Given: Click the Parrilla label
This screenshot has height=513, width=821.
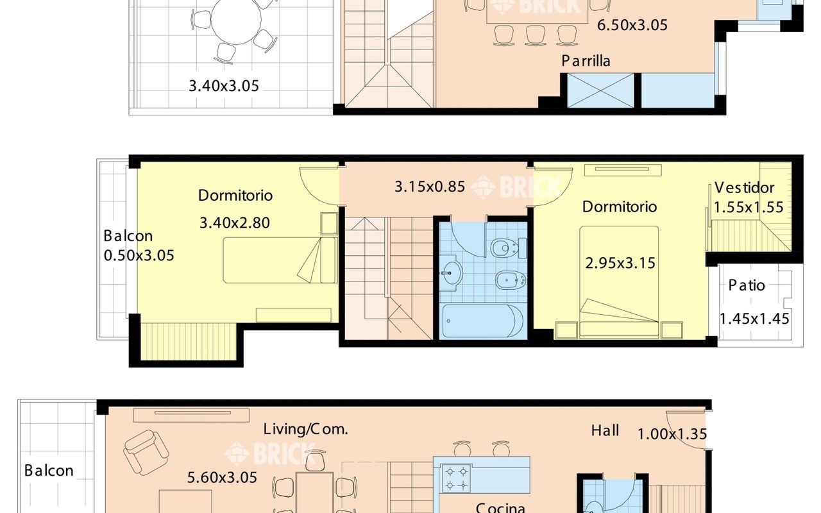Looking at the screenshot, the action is pos(586,61).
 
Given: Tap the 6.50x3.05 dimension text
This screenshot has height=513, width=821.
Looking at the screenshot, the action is pos(632,25).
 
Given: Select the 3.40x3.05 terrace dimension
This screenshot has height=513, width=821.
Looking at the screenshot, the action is pos(224,86).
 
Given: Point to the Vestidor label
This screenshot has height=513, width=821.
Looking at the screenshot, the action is pos(744,188).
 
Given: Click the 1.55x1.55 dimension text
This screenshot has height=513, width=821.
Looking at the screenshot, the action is pos(749,207).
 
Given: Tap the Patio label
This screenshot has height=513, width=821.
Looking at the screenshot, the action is pos(746,285).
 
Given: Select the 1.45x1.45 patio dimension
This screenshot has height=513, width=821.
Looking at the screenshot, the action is pos(754,319).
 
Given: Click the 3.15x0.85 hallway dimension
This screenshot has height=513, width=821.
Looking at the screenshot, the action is pos(430,187).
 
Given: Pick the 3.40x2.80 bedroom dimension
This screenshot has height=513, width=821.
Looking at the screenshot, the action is pos(235,223).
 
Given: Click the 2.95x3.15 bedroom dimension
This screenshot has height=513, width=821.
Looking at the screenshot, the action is pos(620,263).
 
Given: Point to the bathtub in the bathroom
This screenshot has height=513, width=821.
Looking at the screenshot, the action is pos(483,321).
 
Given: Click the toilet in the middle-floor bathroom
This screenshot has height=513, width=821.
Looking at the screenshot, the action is pos(508,248).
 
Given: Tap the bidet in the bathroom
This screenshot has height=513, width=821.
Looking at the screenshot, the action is pos(511,280).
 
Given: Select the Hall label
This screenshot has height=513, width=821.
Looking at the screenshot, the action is pos(605,430).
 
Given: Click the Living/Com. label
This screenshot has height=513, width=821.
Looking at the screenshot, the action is pos(306,429).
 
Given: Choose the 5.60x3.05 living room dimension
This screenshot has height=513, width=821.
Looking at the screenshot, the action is pos(222,478).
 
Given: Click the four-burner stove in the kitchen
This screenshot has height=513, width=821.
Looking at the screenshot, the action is pos(456,478).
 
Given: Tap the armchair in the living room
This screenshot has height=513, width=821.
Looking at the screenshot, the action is pos(146,453).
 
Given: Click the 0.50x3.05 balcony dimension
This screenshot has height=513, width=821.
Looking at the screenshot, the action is pos(139,256).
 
